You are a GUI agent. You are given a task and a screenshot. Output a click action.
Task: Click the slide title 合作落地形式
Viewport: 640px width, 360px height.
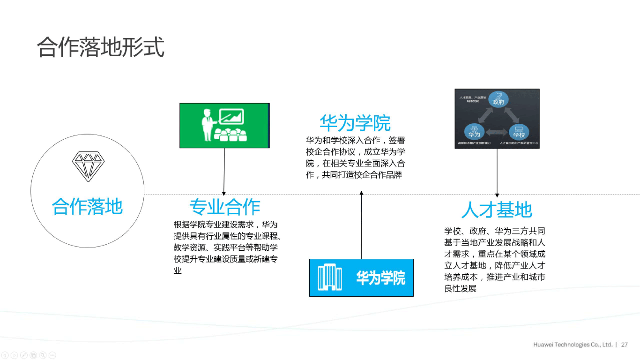[101, 47]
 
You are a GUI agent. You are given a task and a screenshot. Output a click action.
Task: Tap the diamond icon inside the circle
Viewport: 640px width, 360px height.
[88, 166]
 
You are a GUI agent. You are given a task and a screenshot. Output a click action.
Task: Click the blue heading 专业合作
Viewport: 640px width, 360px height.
[224, 207]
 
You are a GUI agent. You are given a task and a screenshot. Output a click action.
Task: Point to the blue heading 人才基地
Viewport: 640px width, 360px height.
[497, 210]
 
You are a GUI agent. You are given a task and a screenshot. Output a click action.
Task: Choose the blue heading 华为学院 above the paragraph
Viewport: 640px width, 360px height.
[355, 123]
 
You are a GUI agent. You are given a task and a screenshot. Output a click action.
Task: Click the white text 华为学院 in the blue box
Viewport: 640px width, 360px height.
[380, 278]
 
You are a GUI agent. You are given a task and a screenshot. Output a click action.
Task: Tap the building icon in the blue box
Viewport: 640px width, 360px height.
[330, 277]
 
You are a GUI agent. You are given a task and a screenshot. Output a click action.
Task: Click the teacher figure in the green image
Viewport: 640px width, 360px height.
[207, 124]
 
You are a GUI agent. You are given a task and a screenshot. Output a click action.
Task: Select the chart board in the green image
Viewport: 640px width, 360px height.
[231, 117]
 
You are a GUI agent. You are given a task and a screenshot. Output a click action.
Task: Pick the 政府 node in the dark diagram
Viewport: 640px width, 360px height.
[498, 99]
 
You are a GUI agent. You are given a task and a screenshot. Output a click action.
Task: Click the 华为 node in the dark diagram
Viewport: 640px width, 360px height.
[474, 132]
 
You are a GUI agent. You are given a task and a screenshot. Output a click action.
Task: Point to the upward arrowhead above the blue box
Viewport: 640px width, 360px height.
[361, 193]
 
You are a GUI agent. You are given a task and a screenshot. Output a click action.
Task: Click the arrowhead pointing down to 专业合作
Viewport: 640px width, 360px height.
[224, 193]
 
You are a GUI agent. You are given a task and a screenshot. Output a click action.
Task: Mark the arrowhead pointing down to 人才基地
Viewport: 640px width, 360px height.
[497, 195]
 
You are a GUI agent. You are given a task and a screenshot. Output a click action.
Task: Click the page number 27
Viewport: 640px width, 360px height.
[625, 345]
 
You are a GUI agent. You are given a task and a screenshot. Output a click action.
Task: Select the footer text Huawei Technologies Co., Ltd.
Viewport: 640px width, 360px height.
[573, 345]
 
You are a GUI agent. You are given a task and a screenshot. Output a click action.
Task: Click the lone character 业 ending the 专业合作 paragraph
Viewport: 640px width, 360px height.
[178, 270]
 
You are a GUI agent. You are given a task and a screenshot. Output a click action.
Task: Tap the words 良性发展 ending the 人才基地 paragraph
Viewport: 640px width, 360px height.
[460, 288]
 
